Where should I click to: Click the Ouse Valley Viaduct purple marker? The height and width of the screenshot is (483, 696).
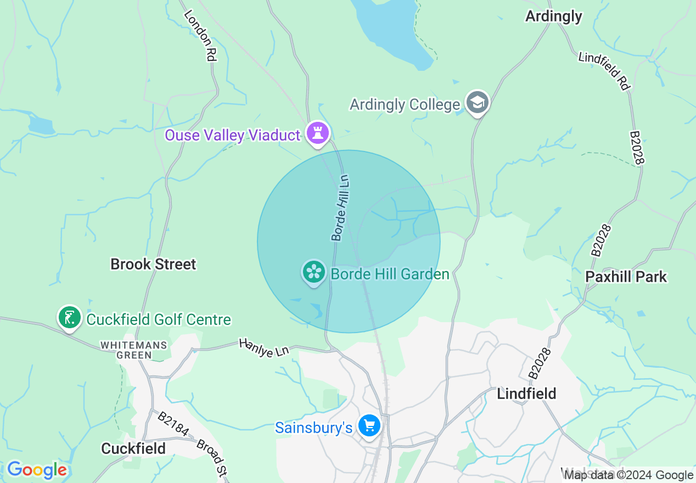point(317,133)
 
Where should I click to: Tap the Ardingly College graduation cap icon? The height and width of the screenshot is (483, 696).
point(478,103)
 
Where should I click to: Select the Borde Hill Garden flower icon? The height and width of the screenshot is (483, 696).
point(314,272)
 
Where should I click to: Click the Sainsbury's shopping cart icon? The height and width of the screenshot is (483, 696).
point(369,425)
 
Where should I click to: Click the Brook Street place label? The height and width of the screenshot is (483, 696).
point(153,264)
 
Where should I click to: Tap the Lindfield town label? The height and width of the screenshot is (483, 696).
point(526,394)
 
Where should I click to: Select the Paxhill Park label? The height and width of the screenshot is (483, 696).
point(626,277)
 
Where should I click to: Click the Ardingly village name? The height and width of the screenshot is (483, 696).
point(553,16)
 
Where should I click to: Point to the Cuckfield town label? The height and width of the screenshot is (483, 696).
point(133,448)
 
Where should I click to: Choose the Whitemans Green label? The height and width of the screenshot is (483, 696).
point(134,350)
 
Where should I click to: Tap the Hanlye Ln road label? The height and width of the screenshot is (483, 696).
point(263,349)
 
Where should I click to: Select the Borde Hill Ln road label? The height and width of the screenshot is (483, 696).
point(340,208)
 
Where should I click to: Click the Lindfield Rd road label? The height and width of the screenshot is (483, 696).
point(605,70)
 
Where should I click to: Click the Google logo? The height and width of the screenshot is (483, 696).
point(37,470)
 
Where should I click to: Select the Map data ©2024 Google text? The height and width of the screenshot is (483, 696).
point(628,475)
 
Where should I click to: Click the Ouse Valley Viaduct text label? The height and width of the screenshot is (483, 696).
point(233,135)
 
